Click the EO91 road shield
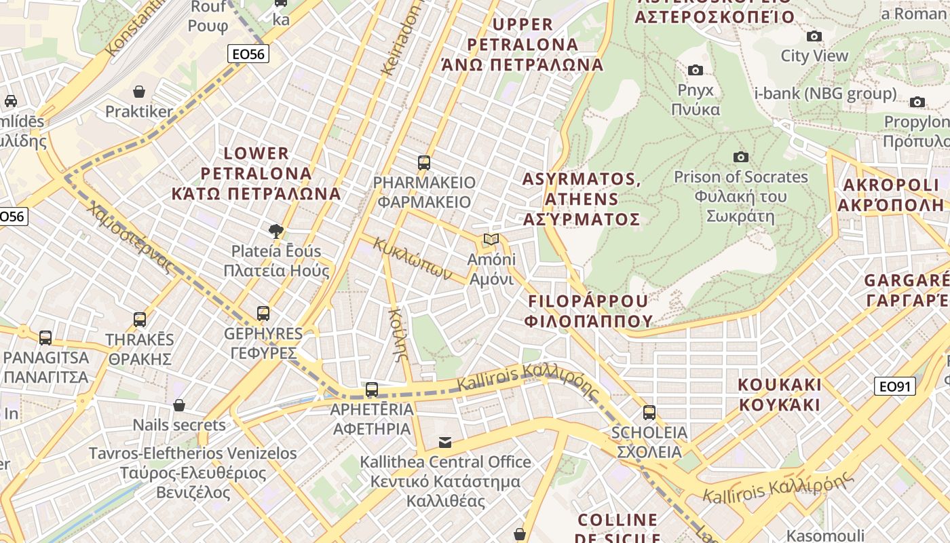(895, 387)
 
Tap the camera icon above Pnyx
(695, 70)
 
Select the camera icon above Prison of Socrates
(741, 157)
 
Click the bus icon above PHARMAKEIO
(424, 163)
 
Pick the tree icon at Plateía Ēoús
(276, 231)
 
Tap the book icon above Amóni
(491, 240)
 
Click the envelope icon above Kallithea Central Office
(445, 443)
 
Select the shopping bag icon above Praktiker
(139, 92)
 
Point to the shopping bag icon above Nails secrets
(179, 406)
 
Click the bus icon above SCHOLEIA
(649, 413)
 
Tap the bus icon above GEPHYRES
(263, 314)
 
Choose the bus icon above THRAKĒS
(140, 320)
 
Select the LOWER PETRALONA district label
(271, 174)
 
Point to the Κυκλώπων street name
(413, 259)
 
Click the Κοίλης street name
(398, 333)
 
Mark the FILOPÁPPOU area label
(588, 311)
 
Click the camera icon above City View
(814, 37)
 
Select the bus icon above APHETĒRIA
(372, 390)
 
